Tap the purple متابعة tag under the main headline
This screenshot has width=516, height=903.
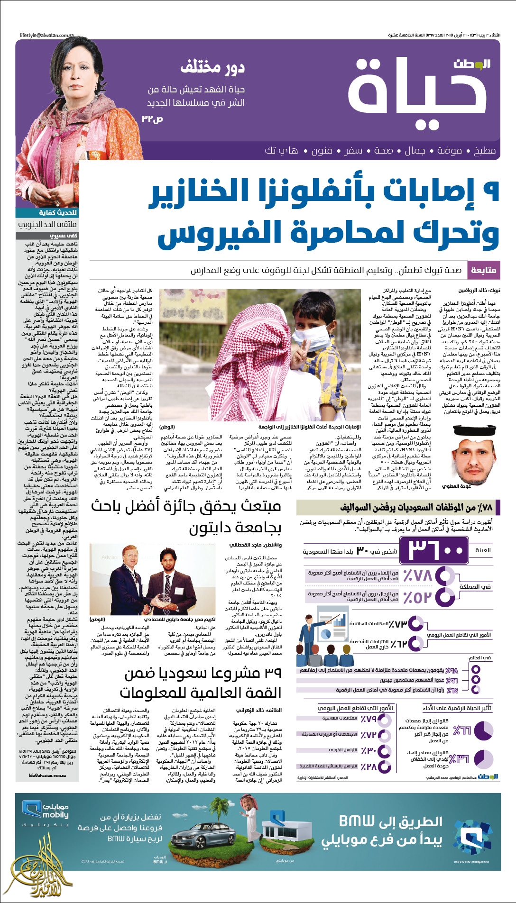tap(483, 270)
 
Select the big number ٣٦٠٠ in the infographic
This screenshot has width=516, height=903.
tap(435, 550)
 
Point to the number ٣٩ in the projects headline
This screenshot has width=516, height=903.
tap(271, 673)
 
